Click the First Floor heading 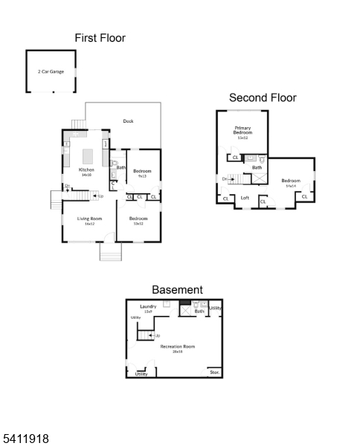(100, 38)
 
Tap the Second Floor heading (262, 97)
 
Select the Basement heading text (177, 289)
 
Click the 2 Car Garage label (51, 71)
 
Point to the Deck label (128, 121)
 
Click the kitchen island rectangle (87, 156)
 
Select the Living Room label (89, 220)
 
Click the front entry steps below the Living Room (110, 253)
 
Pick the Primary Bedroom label (242, 132)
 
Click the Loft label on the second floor (244, 198)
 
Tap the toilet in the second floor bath (262, 159)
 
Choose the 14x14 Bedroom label (290, 182)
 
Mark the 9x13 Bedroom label (141, 173)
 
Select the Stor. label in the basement (214, 372)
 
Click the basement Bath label (199, 311)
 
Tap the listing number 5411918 (25, 439)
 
